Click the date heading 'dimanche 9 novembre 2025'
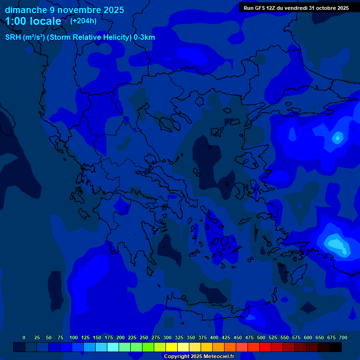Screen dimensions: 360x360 click(64, 10)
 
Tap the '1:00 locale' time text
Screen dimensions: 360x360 click(33, 22)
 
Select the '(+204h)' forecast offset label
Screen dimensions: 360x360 click(83, 21)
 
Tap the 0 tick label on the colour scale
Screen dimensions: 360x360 click(24, 337)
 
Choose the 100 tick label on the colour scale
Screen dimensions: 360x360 click(74, 337)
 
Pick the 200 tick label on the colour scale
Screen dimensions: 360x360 click(120, 337)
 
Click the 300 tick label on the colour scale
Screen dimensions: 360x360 click(167, 337)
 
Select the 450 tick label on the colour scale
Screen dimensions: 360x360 click(238, 337)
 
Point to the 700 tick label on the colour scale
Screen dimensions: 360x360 click(343, 337)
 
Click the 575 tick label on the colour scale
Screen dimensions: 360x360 click(296, 337)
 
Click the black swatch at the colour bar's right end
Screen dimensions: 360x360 click(336, 347)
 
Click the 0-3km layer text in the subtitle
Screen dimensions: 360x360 click(144, 37)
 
